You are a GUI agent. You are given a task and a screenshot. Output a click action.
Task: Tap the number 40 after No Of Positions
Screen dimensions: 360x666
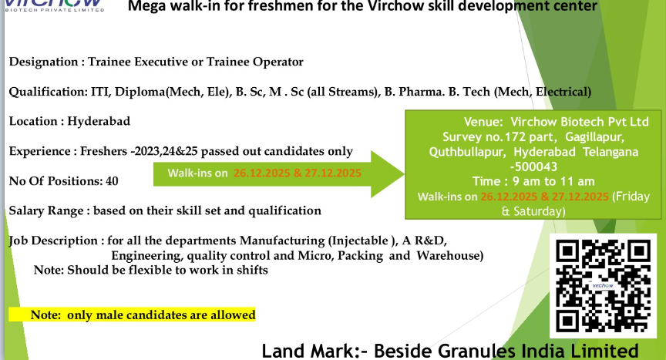[x=112, y=181]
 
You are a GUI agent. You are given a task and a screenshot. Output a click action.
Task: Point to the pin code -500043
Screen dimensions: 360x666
[x=533, y=167]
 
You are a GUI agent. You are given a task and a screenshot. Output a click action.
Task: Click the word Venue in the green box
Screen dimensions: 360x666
[x=484, y=122]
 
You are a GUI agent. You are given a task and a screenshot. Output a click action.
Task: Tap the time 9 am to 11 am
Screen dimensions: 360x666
[x=533, y=181]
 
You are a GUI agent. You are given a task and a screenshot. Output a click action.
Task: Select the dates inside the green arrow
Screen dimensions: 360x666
[x=298, y=172]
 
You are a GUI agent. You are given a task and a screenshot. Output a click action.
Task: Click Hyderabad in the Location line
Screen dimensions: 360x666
[x=99, y=121]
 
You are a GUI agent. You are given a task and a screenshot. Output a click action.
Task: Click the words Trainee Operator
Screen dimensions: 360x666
[x=260, y=62]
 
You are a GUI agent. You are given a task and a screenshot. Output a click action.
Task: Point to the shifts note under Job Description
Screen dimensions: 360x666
[x=150, y=270]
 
